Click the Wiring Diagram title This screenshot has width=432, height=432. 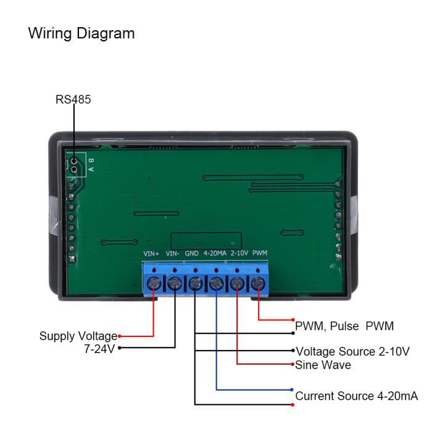81,33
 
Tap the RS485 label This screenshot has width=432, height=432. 73,99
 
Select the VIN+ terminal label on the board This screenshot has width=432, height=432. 152,253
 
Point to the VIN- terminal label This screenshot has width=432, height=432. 173,253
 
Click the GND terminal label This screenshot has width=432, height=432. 193,253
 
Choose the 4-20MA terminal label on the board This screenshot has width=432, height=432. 214,253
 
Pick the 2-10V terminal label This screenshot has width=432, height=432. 238,253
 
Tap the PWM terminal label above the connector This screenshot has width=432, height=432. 260,253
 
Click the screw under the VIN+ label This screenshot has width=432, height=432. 154,284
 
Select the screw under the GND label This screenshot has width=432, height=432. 196,284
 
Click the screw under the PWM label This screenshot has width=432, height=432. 258,284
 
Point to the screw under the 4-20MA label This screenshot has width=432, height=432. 217,284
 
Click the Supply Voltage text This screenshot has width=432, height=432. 78,336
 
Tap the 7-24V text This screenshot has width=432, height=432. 100,349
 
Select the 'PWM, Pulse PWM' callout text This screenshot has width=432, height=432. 344,325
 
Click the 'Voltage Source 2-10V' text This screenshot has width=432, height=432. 352,352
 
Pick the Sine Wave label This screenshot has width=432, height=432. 323,365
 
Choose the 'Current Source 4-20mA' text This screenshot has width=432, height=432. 357,396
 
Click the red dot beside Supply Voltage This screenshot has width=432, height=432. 119,336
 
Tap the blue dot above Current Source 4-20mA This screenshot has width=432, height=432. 292,389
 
